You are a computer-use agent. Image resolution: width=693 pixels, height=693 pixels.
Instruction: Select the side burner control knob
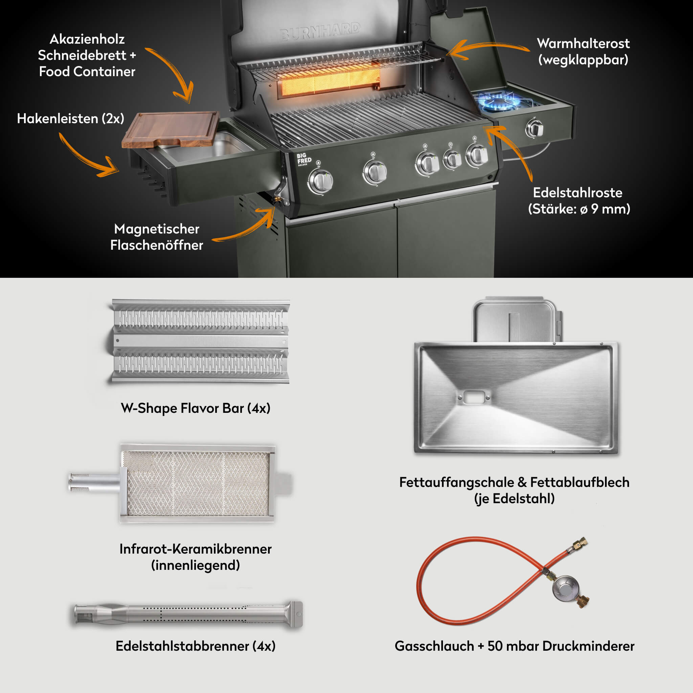[x=534, y=128]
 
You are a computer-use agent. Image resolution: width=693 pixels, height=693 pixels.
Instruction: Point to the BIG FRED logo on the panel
[x=304, y=159]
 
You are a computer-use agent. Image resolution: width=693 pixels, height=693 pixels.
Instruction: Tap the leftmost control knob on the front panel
[x=320, y=181]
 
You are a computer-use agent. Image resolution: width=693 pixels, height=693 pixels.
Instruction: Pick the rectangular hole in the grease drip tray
[x=473, y=397]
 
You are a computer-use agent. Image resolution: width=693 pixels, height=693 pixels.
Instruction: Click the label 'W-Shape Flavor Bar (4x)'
[x=196, y=408]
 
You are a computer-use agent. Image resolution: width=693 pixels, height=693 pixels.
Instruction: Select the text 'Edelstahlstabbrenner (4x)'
[x=196, y=646]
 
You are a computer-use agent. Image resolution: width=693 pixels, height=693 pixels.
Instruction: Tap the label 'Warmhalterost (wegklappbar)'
[x=583, y=51]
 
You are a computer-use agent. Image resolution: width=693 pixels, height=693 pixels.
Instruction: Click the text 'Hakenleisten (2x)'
[x=71, y=118]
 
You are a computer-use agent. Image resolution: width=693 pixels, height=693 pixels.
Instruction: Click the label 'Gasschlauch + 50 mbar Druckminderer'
[x=514, y=646]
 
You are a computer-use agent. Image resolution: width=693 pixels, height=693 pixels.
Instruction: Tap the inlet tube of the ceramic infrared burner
[x=94, y=483]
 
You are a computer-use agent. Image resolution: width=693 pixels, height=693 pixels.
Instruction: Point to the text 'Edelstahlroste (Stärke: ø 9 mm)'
[x=579, y=201]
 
